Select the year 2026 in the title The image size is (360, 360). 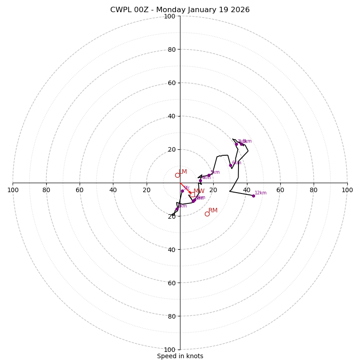(240, 10)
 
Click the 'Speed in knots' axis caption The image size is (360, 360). (180, 356)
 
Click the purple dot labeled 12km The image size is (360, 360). (253, 196)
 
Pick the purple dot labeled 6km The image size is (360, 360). (230, 165)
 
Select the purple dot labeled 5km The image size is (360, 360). (209, 175)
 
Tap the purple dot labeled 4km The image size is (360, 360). (200, 180)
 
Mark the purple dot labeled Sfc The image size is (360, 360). (182, 191)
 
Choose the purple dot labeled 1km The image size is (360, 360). (177, 209)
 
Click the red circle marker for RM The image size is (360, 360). (207, 214)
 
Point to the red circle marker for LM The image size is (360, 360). (177, 175)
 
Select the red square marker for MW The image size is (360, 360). (192, 194)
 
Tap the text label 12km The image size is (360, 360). (261, 193)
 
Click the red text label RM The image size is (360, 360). (213, 211)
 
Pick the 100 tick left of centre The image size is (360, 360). (13, 190)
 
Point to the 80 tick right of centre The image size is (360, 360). (314, 190)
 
